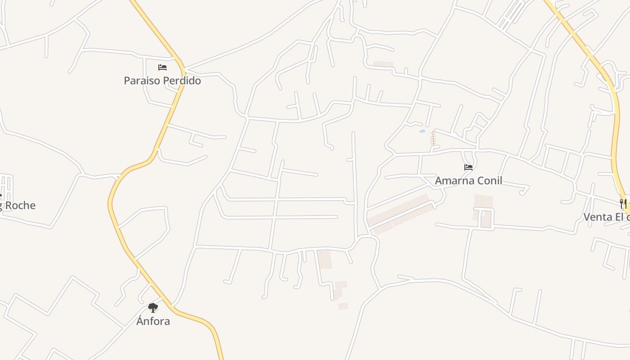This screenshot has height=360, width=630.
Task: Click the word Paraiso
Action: click(140, 81)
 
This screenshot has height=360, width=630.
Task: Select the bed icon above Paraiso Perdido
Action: click(162, 67)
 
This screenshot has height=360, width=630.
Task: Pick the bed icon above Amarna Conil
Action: click(468, 167)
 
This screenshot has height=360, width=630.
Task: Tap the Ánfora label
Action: click(153, 321)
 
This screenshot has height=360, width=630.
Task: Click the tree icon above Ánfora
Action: click(153, 308)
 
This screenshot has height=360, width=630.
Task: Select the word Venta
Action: click(598, 217)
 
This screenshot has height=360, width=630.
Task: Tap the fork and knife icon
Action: click(623, 204)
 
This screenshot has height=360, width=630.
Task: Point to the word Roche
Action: click(20, 206)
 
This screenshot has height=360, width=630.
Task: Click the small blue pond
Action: click(422, 131)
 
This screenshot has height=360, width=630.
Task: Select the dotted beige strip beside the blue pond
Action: click(433, 138)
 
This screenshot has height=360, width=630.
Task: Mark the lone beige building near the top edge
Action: click(383, 64)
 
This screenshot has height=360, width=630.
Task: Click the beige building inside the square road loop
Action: click(486, 219)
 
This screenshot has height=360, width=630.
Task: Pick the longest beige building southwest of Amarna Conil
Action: click(397, 209)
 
